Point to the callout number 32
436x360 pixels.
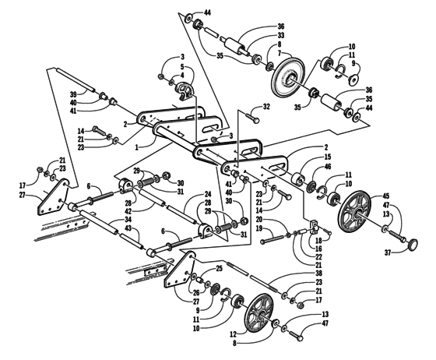(x=266, y=107)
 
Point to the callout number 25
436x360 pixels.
(x=220, y=268)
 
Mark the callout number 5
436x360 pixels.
(x=181, y=68)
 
